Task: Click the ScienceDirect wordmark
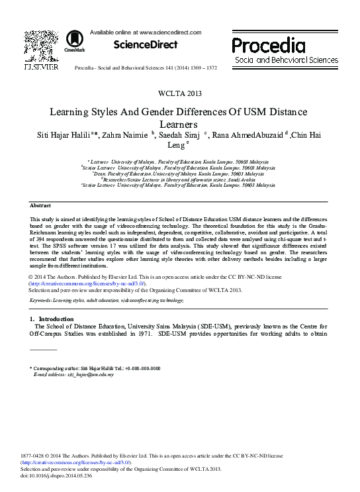click(146, 45)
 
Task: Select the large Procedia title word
click(268, 45)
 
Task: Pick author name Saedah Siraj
click(179, 135)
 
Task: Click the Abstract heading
click(42, 207)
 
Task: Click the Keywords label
click(42, 300)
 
